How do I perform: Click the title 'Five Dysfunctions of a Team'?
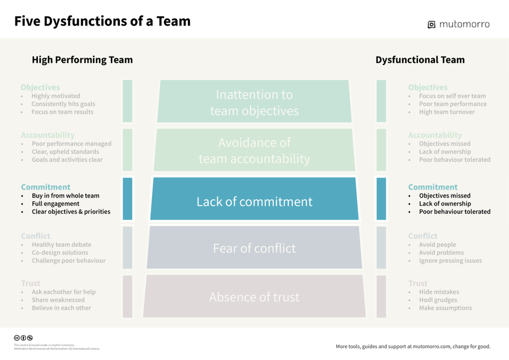[102, 22]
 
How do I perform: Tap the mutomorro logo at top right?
[459, 24]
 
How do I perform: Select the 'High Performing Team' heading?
[82, 60]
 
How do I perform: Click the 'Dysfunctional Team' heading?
[420, 60]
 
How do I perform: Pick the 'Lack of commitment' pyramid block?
[254, 202]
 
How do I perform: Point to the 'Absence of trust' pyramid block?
[254, 297]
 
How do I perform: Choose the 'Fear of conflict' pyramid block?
[254, 248]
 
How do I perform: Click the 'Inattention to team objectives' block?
[254, 102]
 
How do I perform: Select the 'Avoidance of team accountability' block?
[254, 151]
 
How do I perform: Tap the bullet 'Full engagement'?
[55, 204]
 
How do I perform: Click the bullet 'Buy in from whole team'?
[65, 196]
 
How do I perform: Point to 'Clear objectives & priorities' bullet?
[71, 212]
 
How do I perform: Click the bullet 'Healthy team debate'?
[61, 245]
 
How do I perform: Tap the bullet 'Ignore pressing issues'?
[450, 260]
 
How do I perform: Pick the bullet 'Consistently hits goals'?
[63, 104]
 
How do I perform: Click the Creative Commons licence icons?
[23, 338]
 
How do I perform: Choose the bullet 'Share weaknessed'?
[58, 300]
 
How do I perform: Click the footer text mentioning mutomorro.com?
[413, 346]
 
